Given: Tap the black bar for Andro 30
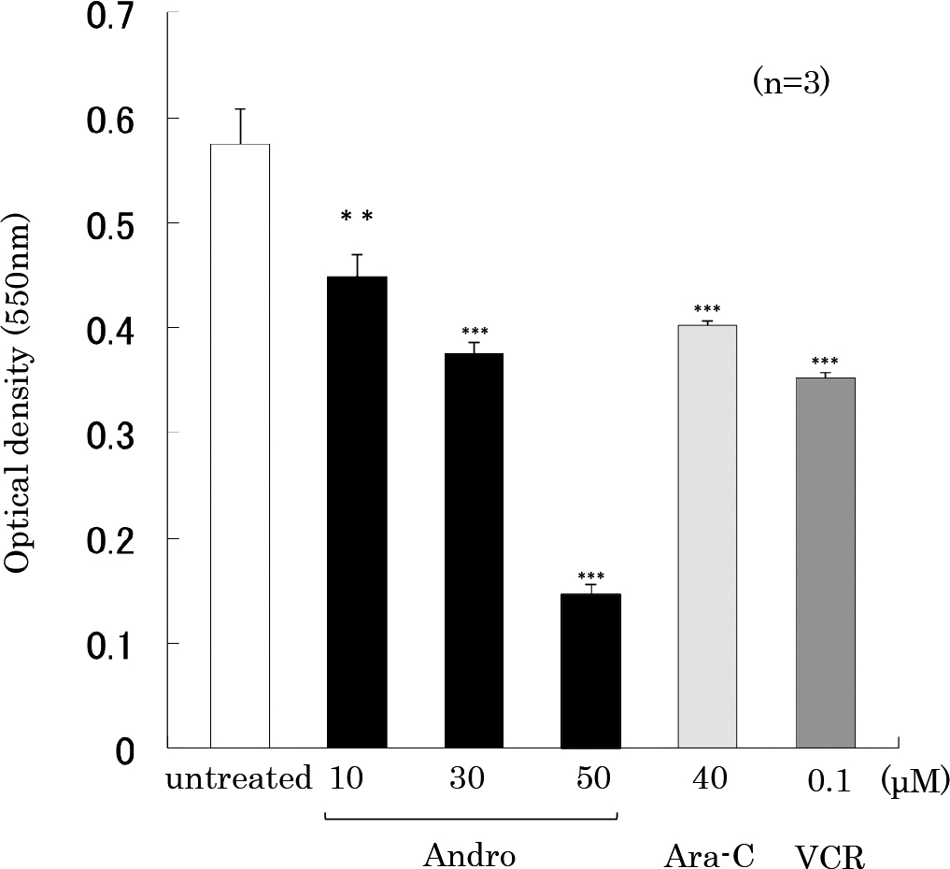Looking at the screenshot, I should tap(474, 550).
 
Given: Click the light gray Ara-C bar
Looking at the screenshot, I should tap(707, 536).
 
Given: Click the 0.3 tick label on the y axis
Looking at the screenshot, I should tap(111, 434).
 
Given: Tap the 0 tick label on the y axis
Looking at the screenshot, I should tap(124, 750).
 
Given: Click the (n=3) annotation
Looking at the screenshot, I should tap(791, 83).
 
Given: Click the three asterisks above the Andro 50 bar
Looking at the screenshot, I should tap(591, 577).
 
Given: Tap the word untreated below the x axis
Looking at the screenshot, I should tap(238, 779).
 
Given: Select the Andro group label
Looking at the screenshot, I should tap(470, 854).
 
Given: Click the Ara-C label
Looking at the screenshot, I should tap(709, 854).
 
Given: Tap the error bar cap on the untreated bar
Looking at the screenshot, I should tap(240, 109).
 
